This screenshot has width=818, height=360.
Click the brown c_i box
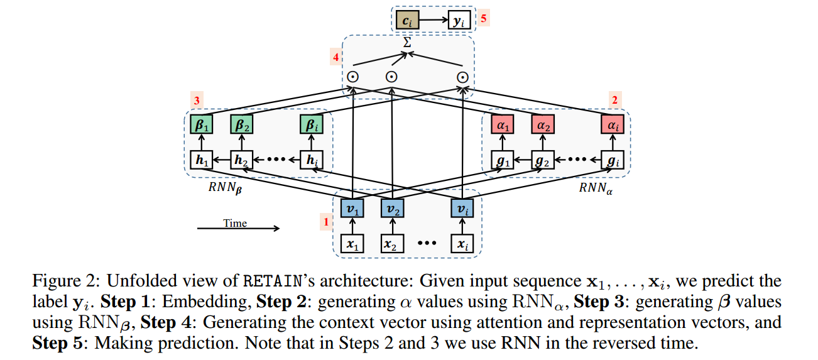[x=406, y=21]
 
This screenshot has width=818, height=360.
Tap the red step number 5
[x=483, y=18]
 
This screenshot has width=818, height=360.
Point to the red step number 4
[x=336, y=57]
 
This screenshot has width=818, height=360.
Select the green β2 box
[x=241, y=125]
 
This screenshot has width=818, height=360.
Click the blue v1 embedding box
[x=353, y=207]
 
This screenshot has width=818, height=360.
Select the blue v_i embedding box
[x=462, y=207]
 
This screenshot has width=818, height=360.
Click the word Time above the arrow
[x=235, y=223]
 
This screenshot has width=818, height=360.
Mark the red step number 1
[x=325, y=221]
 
